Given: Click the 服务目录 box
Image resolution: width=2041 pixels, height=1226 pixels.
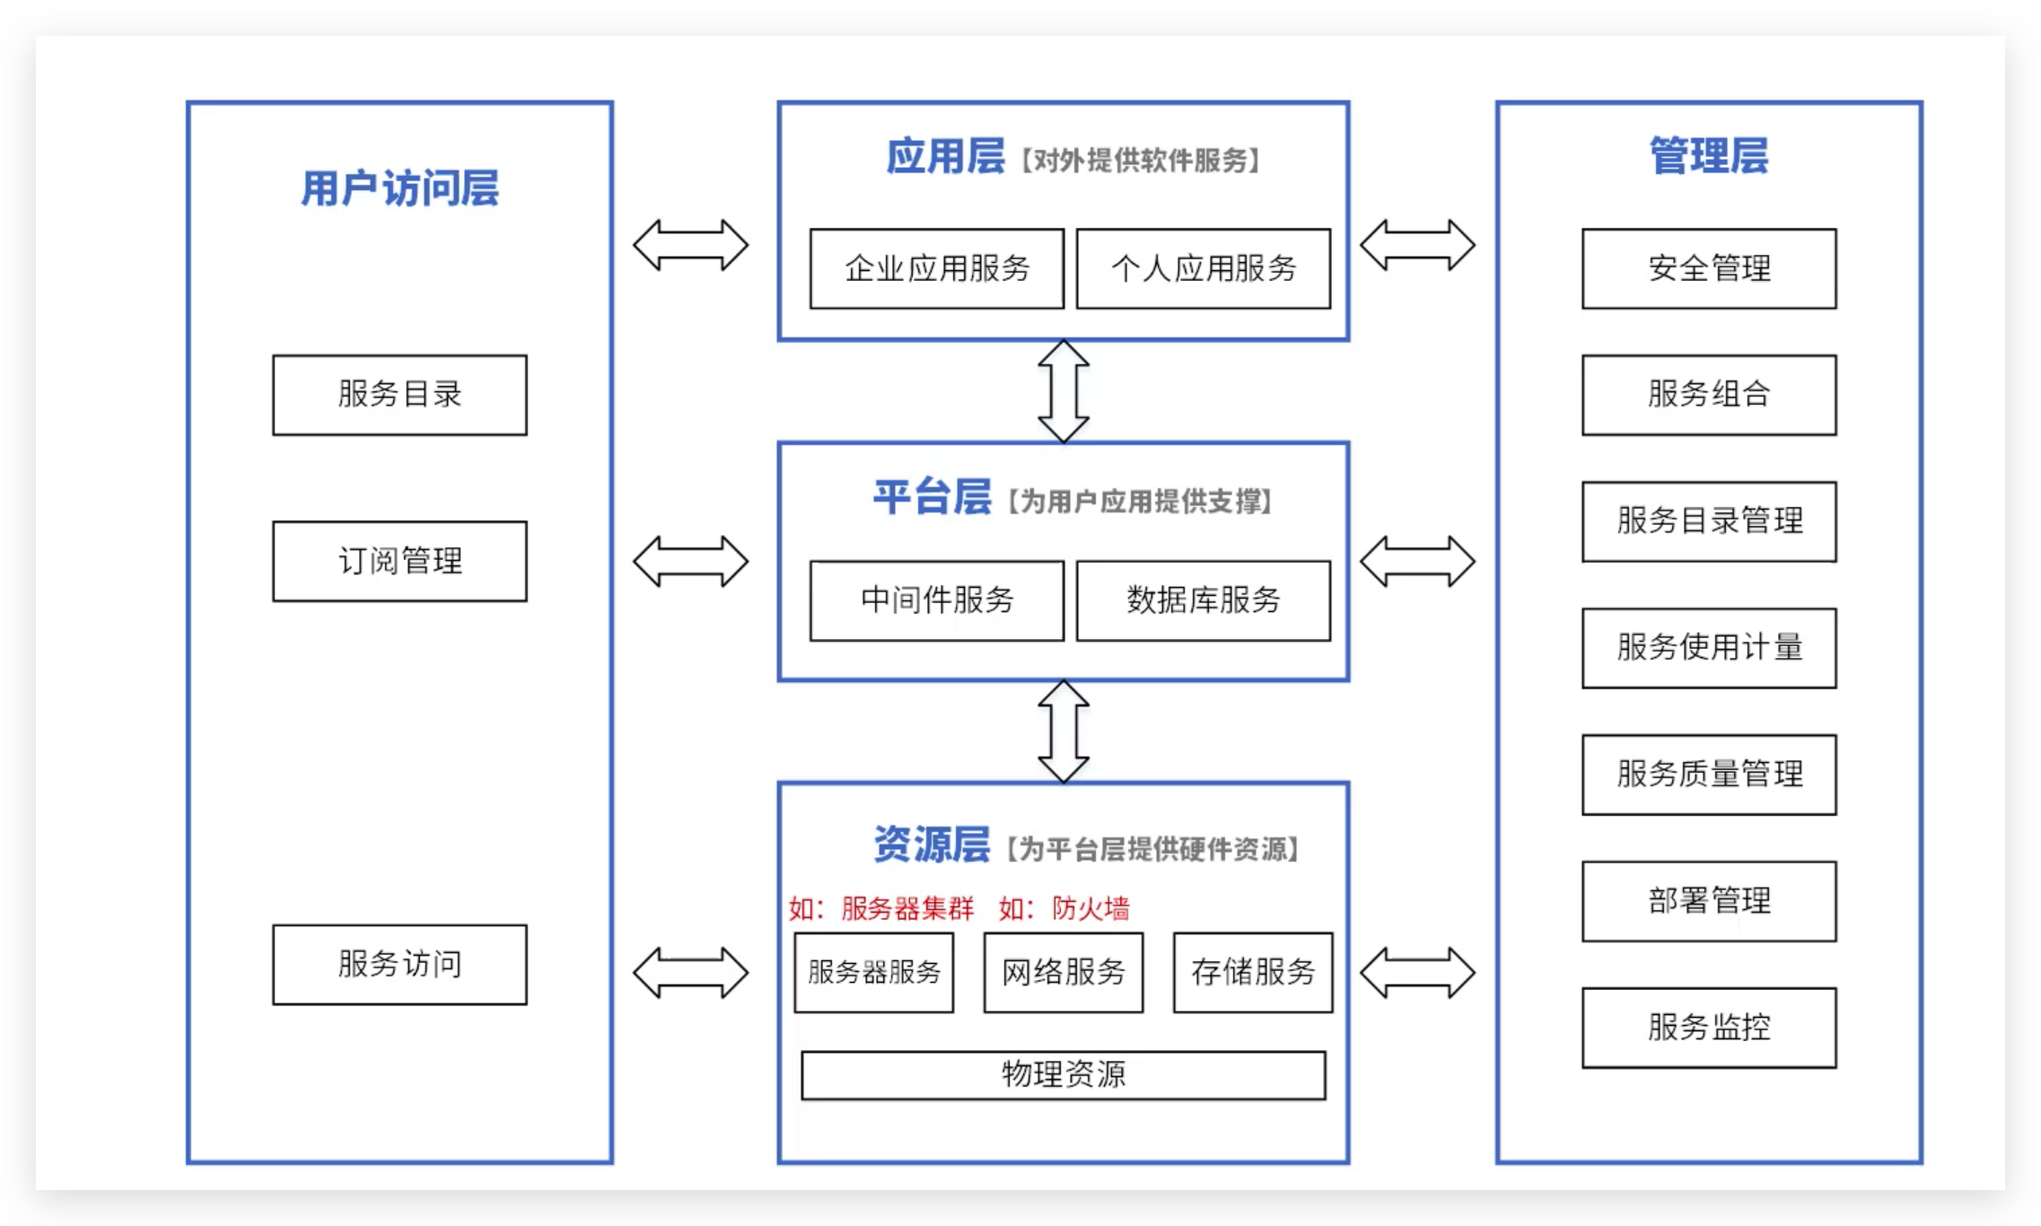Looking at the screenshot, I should click(399, 395).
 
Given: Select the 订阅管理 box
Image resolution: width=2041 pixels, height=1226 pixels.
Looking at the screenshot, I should click(399, 561).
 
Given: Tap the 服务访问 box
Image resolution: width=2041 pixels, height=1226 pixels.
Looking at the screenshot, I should click(399, 964).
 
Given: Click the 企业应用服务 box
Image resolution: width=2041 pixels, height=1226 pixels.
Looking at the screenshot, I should click(936, 268).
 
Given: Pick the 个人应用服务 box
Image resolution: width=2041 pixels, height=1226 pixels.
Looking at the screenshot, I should click(1203, 268).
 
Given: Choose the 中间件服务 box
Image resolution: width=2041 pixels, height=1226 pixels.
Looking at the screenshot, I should click(936, 600).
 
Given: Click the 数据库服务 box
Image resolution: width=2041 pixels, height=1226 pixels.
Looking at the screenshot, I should click(1203, 600).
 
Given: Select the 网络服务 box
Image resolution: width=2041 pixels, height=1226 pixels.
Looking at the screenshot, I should click(1063, 972).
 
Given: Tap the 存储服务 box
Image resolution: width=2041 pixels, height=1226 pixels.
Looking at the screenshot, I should click(1252, 972).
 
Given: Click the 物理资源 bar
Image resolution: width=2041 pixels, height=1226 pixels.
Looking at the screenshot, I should click(1063, 1074).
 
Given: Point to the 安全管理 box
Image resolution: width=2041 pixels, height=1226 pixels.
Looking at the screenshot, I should click(1708, 268).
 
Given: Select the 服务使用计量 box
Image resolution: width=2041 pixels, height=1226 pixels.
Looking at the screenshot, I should click(1708, 647).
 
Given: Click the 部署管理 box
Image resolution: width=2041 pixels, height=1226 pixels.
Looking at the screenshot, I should click(1708, 900).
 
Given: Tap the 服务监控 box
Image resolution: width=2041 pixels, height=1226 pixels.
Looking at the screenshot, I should click(1708, 1027).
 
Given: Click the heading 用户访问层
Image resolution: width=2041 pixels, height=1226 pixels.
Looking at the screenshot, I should click(399, 188).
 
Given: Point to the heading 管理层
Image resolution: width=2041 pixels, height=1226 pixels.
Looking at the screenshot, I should click(1708, 156).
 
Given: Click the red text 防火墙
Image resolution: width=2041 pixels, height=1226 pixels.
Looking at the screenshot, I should click(1091, 908).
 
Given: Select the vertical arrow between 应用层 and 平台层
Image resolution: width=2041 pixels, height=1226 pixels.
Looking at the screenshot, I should click(1064, 391).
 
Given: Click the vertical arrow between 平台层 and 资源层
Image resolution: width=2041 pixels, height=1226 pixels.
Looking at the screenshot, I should click(1064, 731).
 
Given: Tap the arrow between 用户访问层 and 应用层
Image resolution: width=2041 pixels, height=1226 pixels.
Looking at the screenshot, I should click(690, 245).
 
